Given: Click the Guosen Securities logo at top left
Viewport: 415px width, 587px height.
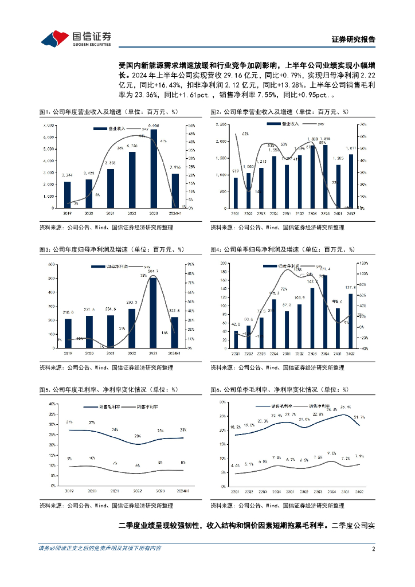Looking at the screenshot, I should (x=75, y=38).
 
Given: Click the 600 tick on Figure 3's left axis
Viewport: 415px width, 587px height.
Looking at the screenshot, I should (x=52, y=264).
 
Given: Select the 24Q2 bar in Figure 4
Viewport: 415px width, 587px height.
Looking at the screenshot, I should (x=351, y=320).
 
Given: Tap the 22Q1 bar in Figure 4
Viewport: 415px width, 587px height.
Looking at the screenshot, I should (x=236, y=339).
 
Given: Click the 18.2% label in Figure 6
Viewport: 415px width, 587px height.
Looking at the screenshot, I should (x=236, y=427).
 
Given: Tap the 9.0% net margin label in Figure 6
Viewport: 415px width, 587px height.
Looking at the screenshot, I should (x=332, y=453).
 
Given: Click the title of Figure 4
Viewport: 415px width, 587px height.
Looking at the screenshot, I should (x=283, y=249).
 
